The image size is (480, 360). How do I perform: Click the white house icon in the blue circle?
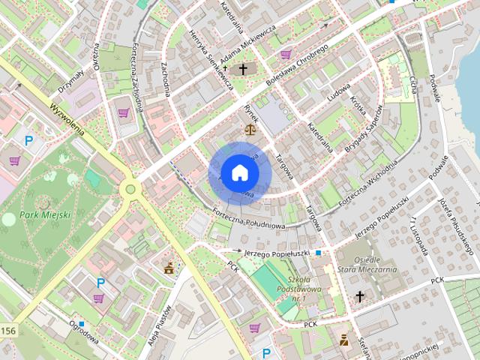coord(239,172)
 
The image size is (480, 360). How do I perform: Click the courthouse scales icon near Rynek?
coord(246,129)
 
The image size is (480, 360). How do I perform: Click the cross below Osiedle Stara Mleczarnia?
coord(360,296)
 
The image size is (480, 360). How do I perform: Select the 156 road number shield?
coord(7,331)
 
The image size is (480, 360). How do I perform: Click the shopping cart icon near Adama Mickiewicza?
coord(286,54)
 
